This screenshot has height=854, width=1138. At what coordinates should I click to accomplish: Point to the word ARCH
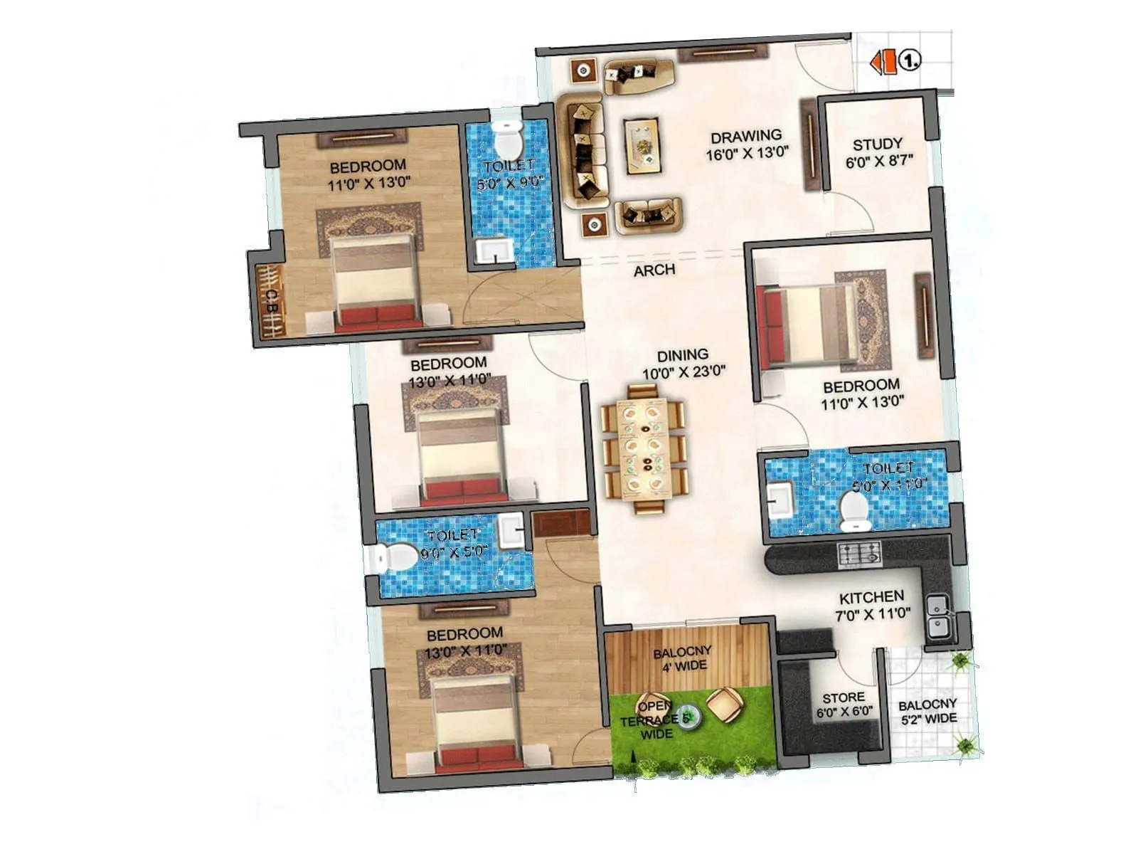tap(654, 270)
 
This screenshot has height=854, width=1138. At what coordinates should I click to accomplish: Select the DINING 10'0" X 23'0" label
tap(683, 363)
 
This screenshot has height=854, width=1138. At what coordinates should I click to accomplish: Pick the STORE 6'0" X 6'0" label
tap(844, 704)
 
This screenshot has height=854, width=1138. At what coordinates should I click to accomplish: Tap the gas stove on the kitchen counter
tap(860, 554)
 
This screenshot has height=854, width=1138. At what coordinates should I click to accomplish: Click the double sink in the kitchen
tap(939, 616)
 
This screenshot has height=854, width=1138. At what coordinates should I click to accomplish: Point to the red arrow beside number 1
tap(884, 61)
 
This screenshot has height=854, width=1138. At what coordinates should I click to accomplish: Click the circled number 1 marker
tap(910, 60)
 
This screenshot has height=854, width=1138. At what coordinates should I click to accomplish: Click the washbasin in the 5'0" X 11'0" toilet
tap(781, 497)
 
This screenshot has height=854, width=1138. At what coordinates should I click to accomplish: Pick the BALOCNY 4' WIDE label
tap(682, 659)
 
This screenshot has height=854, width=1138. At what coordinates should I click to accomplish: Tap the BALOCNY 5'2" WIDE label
tap(927, 712)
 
